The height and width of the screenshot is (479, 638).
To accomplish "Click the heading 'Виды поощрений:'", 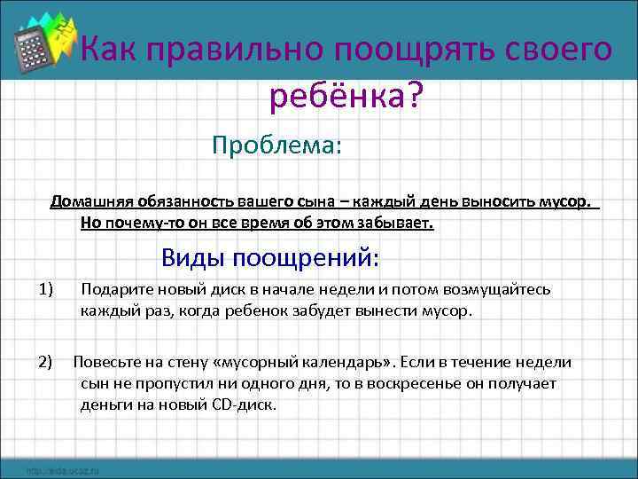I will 270,257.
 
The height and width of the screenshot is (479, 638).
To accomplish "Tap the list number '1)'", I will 47,290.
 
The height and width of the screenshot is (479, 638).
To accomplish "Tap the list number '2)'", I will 46,362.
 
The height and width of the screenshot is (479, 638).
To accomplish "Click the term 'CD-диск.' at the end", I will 247,404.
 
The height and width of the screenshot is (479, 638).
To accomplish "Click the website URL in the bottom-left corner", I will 62,469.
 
